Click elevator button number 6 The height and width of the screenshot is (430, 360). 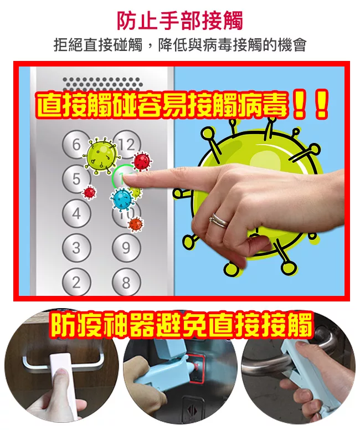(76, 145)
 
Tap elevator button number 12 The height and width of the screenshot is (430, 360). (126, 145)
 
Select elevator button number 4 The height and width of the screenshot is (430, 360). (76, 213)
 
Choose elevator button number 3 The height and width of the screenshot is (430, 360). (76, 248)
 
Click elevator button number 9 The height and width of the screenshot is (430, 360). (126, 248)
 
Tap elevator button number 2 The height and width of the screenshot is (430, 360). (76, 281)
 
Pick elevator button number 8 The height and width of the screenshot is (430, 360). (126, 281)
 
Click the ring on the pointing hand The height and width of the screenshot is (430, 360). (219, 220)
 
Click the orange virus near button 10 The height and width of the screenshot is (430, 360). (136, 224)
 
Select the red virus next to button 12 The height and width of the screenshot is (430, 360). (142, 161)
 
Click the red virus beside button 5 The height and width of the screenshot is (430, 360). (89, 192)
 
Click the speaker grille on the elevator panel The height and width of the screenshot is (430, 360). (102, 83)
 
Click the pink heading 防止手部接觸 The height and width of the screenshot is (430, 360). (180, 21)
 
